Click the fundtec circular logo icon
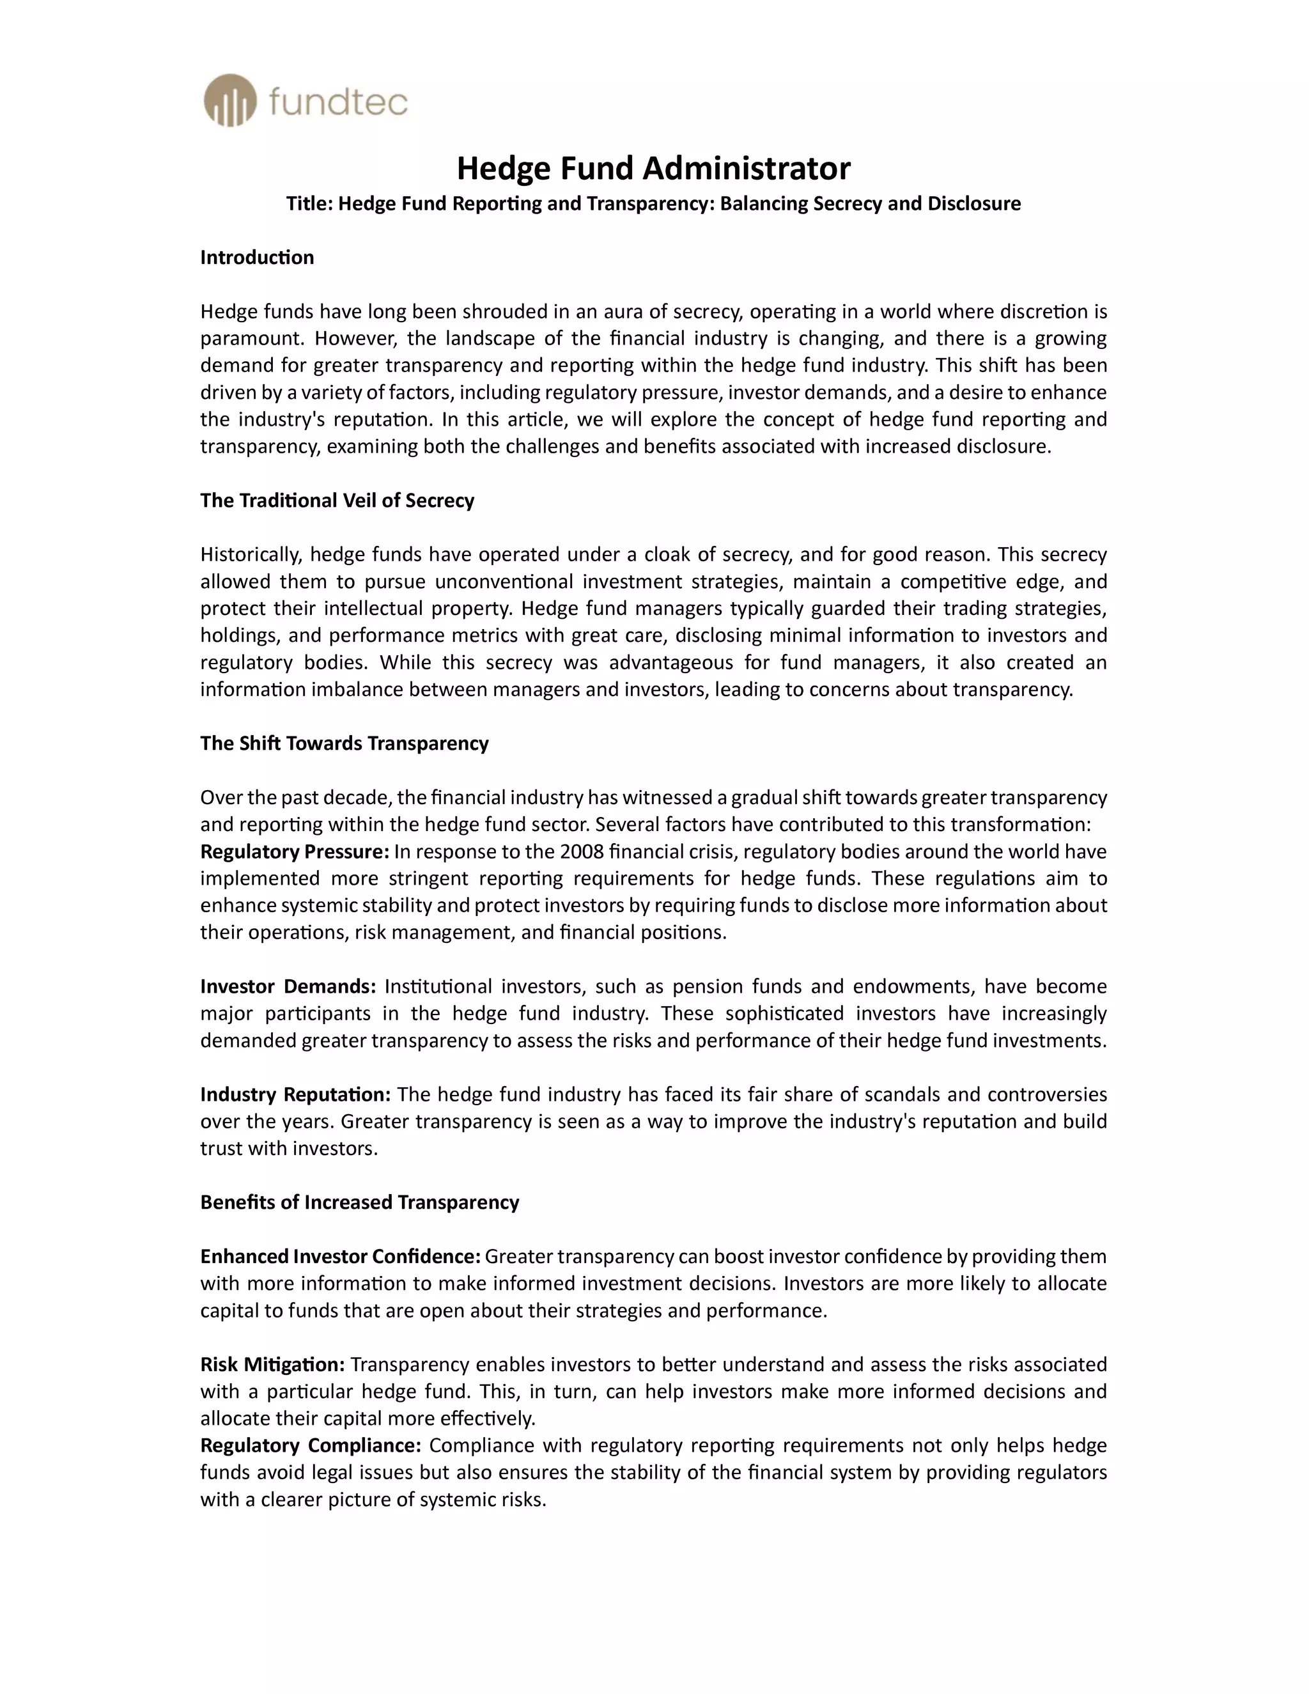click(x=229, y=101)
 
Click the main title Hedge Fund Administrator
click(x=653, y=167)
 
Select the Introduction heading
click(x=257, y=258)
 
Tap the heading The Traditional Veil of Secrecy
click(x=337, y=501)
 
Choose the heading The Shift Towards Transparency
click(x=345, y=743)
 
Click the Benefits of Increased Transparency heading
click(x=359, y=1202)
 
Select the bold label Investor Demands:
click(x=288, y=986)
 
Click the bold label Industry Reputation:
click(x=295, y=1094)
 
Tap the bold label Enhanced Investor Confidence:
click(x=341, y=1257)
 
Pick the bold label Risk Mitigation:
click(x=272, y=1364)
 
